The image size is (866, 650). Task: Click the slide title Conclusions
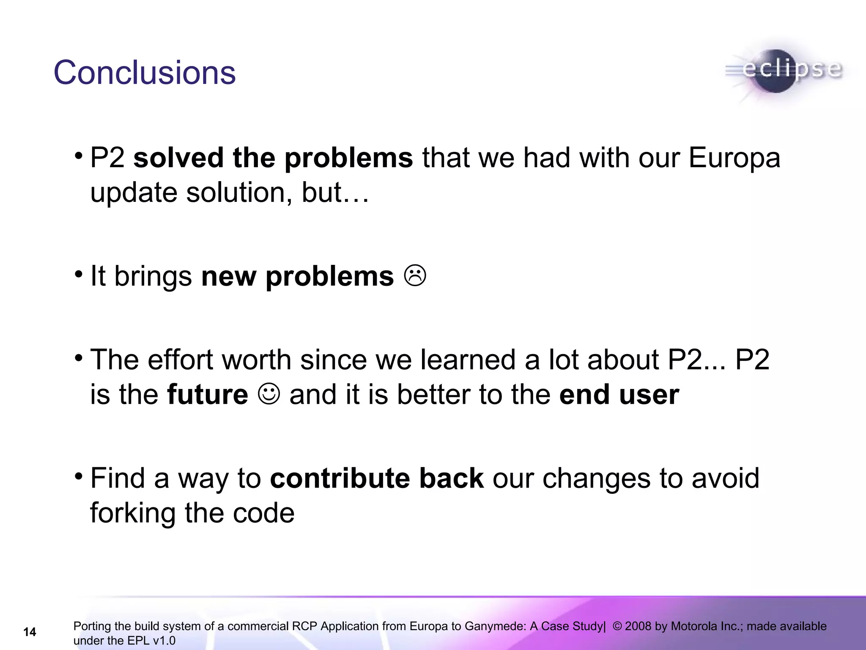[144, 73]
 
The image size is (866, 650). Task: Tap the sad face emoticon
[415, 276]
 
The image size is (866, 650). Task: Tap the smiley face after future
[269, 394]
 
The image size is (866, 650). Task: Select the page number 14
[30, 632]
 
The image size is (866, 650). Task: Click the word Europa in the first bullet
[734, 158]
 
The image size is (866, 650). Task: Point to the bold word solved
[178, 158]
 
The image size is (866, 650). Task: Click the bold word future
[208, 394]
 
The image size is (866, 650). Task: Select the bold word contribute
[340, 478]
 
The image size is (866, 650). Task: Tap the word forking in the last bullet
[133, 513]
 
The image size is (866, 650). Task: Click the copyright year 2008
[638, 626]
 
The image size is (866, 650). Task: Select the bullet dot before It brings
[79, 275]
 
